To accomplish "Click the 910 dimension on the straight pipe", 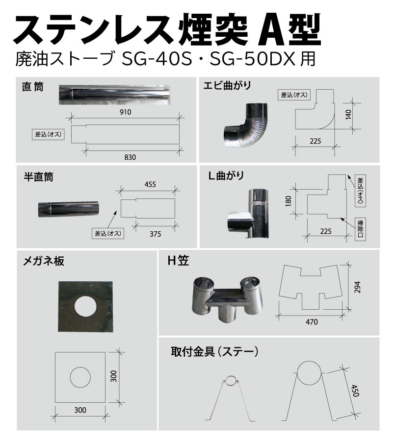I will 125,112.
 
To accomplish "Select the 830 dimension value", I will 130,157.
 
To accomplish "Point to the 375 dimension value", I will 156,234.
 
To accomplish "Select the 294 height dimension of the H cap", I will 357,288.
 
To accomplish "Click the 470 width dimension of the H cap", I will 312,322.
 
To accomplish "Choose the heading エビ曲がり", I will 227,86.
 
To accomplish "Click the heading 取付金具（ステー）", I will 215,352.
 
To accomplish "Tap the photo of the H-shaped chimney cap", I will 226,298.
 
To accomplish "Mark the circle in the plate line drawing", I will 80,377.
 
